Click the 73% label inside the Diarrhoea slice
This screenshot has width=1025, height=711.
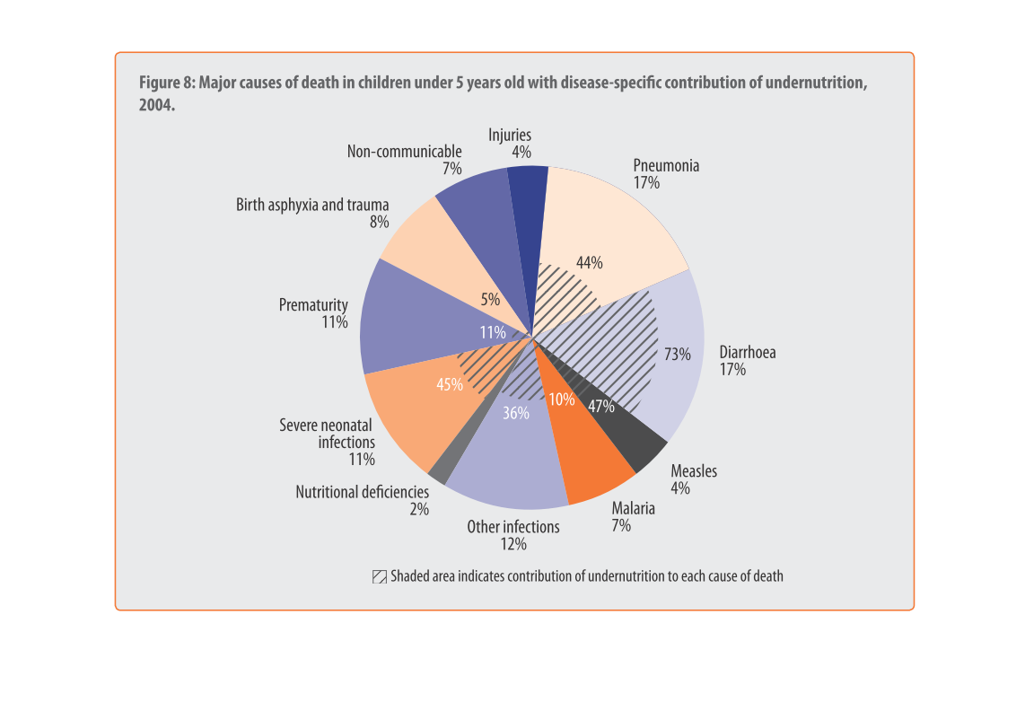[678, 354]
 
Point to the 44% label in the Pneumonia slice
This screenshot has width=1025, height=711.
[590, 263]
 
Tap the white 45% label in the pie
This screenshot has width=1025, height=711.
[450, 384]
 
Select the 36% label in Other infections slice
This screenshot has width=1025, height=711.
[516, 414]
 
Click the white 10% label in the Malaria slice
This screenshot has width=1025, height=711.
[562, 399]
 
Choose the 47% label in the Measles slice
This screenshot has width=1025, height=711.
[601, 406]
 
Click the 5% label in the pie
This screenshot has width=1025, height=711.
[490, 300]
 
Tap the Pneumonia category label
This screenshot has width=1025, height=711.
[666, 165]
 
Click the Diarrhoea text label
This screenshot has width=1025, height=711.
[747, 352]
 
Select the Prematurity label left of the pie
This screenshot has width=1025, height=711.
[313, 305]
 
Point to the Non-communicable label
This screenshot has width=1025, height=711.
[404, 151]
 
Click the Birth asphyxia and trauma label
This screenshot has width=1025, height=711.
[312, 205]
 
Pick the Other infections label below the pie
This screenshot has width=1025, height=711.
[512, 526]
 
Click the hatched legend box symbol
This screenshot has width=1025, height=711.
[380, 576]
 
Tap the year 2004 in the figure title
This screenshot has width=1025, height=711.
[154, 105]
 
